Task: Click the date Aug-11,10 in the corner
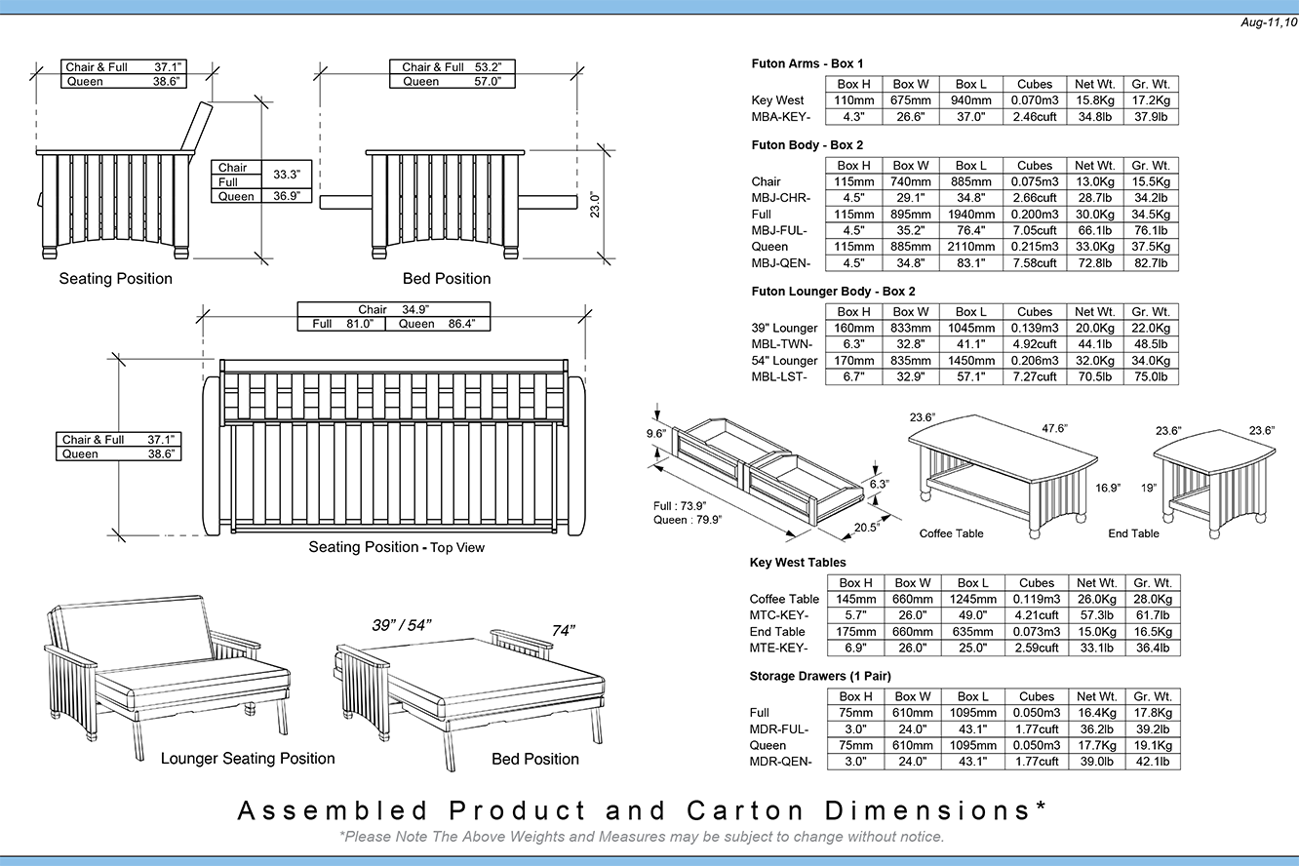click(1267, 22)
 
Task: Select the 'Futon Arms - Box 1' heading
click(807, 63)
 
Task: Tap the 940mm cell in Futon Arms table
click(970, 100)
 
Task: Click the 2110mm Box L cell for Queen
click(970, 247)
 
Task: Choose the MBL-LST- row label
click(779, 377)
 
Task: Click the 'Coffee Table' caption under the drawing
click(951, 533)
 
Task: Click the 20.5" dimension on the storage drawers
click(866, 526)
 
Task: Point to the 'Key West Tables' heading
click(798, 563)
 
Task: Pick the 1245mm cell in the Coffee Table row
click(971, 599)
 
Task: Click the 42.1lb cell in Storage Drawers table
click(1152, 763)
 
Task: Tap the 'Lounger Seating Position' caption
click(248, 759)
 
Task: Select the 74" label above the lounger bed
click(564, 631)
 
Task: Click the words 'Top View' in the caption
click(457, 548)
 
